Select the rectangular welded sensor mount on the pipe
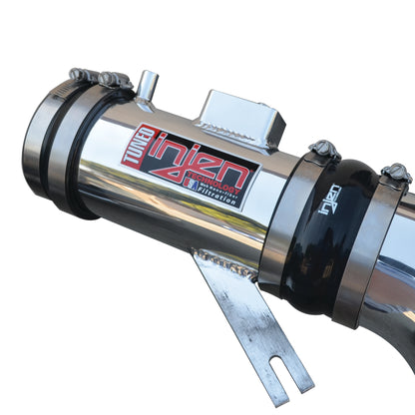click(239, 118)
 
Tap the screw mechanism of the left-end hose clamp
click(98, 76)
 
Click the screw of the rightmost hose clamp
click(396, 175)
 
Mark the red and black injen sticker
click(190, 165)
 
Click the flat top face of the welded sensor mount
click(239, 106)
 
